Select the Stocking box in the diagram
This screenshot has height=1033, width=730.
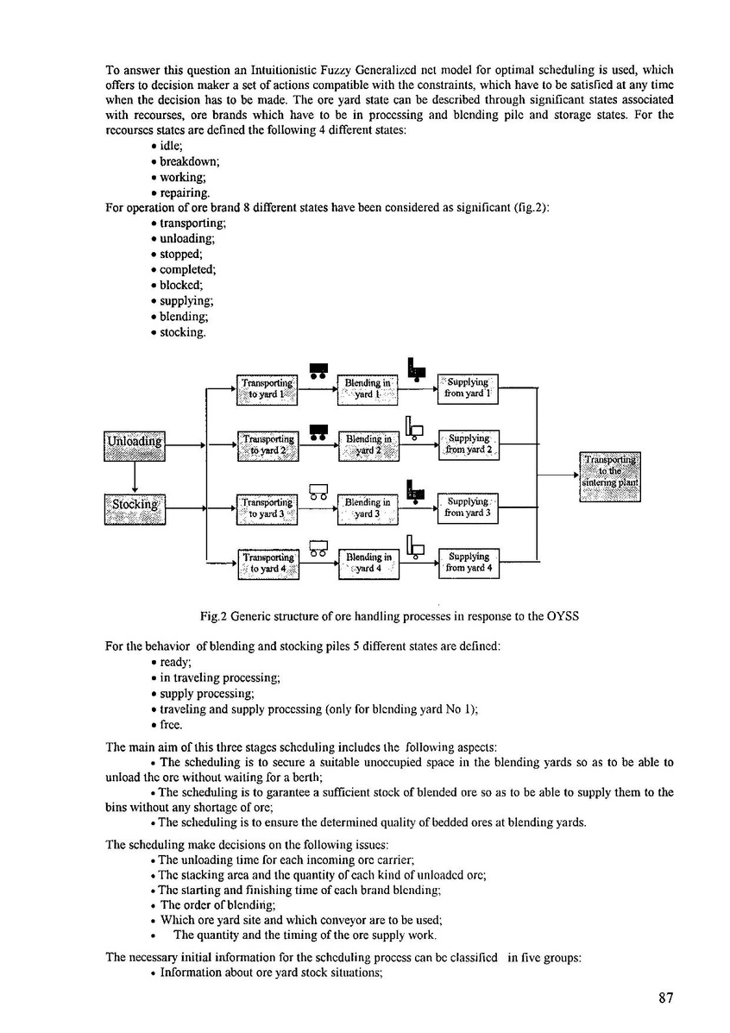(x=134, y=507)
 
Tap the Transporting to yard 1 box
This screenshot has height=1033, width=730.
(x=267, y=388)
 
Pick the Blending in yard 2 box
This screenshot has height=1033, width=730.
(x=368, y=445)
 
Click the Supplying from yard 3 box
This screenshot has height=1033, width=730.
(x=469, y=507)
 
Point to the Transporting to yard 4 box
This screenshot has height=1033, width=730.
(x=267, y=564)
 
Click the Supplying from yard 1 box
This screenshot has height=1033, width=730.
(x=469, y=388)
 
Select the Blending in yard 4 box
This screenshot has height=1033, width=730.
(x=368, y=564)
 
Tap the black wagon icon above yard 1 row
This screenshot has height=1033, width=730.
(x=318, y=369)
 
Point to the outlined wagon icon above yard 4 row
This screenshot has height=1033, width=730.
(x=318, y=546)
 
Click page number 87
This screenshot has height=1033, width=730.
(x=664, y=998)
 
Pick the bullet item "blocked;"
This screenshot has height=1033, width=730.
(x=181, y=286)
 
